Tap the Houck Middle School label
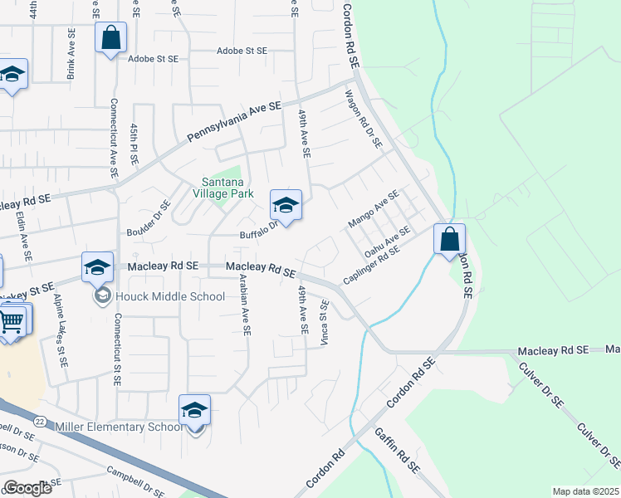(x=170, y=296)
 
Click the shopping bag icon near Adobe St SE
(x=111, y=37)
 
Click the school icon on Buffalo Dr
(x=286, y=205)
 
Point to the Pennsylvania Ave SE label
(x=234, y=123)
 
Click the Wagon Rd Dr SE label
(x=363, y=120)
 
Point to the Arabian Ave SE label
(x=246, y=306)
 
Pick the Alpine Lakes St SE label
(x=60, y=330)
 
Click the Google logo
(x=27, y=488)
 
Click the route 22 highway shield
(x=39, y=422)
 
